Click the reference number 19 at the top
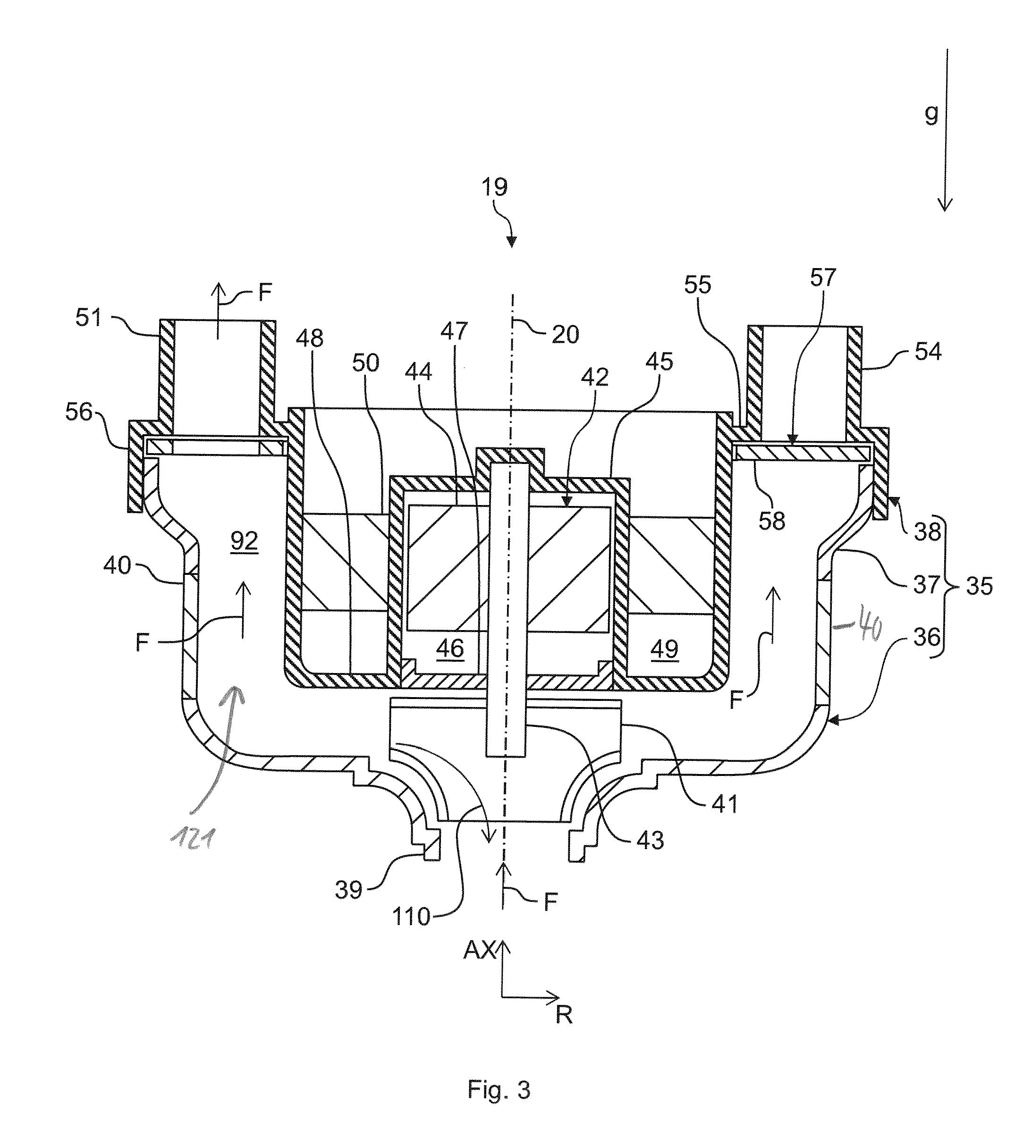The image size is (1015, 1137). point(494,187)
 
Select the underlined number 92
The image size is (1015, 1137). point(244,541)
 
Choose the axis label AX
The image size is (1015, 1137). point(479,951)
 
